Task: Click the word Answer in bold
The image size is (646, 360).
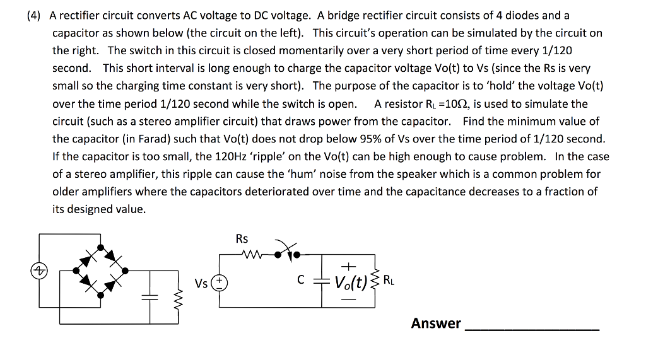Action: point(436,323)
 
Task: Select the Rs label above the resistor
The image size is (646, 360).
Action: point(242,239)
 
